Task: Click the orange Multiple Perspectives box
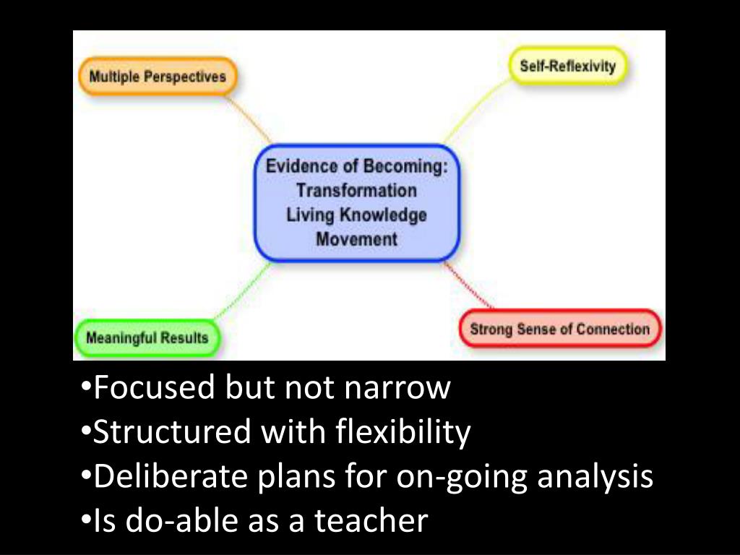click(x=157, y=77)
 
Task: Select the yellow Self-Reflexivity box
click(x=567, y=66)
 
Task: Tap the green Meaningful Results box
click(x=147, y=337)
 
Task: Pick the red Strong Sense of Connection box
click(x=560, y=330)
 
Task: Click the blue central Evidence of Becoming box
click(x=356, y=202)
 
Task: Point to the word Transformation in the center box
click(x=356, y=191)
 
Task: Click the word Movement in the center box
click(x=356, y=239)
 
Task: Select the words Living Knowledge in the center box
click(x=356, y=215)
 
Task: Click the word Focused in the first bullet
click(x=155, y=388)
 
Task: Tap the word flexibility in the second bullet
click(x=403, y=433)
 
